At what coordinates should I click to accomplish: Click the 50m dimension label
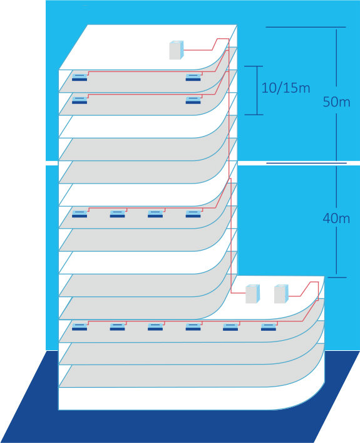point(336,102)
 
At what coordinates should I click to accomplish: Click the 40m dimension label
point(336,219)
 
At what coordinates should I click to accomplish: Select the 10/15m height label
point(285,88)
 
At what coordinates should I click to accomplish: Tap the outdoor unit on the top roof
point(177,50)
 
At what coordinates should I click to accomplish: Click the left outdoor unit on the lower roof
point(253,294)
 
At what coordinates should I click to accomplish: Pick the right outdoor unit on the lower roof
point(282,294)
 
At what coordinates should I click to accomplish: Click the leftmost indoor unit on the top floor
point(80,77)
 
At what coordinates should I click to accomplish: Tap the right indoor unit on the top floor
point(193,77)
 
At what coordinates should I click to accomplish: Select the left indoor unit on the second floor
point(80,100)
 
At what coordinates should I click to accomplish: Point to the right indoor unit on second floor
point(193,100)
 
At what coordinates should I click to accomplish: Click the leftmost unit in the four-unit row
point(80,214)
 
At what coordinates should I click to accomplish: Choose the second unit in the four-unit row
point(118,214)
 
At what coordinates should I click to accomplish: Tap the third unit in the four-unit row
point(155,214)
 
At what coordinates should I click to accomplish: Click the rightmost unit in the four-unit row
point(193,214)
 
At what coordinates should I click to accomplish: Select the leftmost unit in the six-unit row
point(80,327)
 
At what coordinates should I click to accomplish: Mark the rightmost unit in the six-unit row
point(269,327)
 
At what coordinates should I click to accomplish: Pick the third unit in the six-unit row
point(155,327)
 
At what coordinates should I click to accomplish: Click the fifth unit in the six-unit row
point(230,327)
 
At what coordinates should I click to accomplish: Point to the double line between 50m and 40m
point(307,163)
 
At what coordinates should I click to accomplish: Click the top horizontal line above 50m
point(306,27)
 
